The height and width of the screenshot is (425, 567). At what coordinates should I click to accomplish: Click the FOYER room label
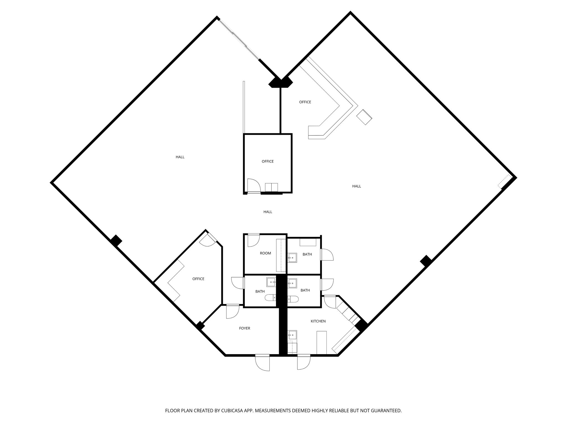(244, 328)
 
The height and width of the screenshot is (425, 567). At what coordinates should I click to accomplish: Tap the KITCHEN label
(318, 321)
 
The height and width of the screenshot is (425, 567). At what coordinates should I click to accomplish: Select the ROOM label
(265, 253)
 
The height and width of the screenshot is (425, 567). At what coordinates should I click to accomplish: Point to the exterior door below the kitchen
(304, 362)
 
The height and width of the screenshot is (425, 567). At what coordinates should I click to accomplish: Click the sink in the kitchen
(292, 335)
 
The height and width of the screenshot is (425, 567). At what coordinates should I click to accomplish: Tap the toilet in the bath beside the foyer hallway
(270, 298)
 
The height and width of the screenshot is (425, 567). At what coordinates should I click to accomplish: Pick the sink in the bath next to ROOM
(292, 258)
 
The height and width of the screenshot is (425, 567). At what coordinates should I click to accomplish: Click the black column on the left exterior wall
(116, 240)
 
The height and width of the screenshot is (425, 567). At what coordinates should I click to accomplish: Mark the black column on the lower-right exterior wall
(426, 261)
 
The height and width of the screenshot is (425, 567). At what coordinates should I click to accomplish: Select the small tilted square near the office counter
(364, 117)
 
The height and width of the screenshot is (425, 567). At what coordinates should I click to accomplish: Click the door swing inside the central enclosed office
(254, 186)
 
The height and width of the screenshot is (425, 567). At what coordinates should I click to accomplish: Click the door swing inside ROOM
(253, 240)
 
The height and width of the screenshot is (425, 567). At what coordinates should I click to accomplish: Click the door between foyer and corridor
(233, 312)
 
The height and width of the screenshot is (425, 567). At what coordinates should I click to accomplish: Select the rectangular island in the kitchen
(321, 343)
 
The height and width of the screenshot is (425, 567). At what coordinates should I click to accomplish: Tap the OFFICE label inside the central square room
(267, 161)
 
